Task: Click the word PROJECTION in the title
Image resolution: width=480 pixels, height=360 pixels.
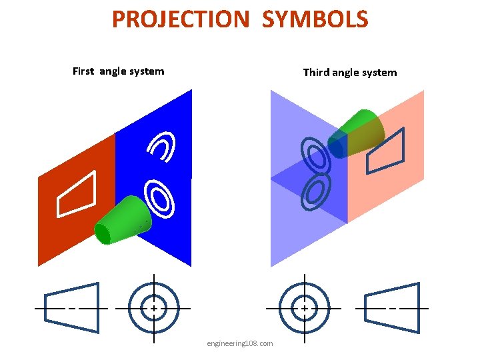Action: [179, 19]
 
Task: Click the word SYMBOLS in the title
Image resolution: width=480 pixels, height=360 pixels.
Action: [315, 19]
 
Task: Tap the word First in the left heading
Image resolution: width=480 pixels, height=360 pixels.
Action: [84, 71]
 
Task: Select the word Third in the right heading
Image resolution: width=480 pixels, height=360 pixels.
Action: [317, 72]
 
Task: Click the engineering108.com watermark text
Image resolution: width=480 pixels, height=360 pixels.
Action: [240, 343]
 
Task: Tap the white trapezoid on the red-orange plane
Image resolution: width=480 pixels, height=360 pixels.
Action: [77, 195]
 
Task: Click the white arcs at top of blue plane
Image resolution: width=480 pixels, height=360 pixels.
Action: [163, 147]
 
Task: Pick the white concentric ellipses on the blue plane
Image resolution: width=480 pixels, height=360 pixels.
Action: [160, 199]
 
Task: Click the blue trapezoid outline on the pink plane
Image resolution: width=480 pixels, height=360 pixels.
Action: [386, 151]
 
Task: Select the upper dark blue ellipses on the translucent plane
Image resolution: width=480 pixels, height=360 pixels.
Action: [315, 156]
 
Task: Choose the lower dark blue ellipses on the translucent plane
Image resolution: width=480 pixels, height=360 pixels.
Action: [316, 191]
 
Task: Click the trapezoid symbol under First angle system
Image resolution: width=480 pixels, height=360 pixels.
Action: [71, 308]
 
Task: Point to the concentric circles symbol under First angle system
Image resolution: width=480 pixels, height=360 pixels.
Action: [154, 309]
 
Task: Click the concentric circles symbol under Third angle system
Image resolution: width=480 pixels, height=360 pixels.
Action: [304, 309]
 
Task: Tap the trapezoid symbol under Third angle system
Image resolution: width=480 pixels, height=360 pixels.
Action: [393, 308]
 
